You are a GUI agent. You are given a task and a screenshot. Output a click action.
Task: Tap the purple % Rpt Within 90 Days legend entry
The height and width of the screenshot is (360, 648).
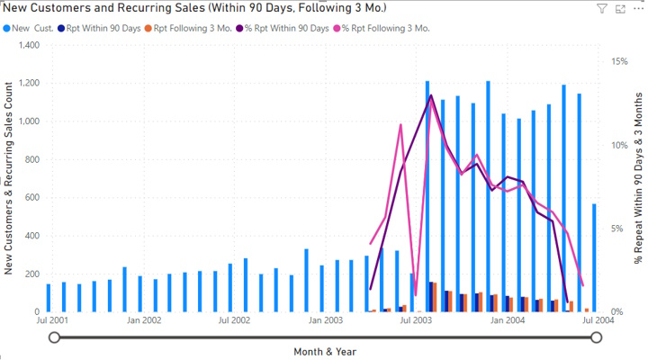(284, 28)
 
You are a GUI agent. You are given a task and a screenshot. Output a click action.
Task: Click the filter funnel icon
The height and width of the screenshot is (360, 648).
(602, 9)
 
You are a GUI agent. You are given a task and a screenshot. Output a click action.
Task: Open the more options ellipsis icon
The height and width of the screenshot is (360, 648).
(637, 9)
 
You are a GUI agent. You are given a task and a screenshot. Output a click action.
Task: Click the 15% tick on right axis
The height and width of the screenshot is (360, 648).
(618, 61)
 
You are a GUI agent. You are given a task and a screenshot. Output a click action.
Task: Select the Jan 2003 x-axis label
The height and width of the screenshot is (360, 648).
(325, 319)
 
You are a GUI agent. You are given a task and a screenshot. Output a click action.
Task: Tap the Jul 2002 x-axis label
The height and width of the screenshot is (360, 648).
(234, 319)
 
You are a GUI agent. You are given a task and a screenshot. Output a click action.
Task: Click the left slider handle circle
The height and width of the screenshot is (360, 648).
(55, 337)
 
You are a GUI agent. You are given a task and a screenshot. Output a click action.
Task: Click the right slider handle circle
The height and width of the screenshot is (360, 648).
(596, 337)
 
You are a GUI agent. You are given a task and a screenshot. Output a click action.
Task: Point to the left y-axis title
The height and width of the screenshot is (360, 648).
(9, 177)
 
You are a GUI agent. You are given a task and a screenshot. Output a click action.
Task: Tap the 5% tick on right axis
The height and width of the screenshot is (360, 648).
(621, 229)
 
